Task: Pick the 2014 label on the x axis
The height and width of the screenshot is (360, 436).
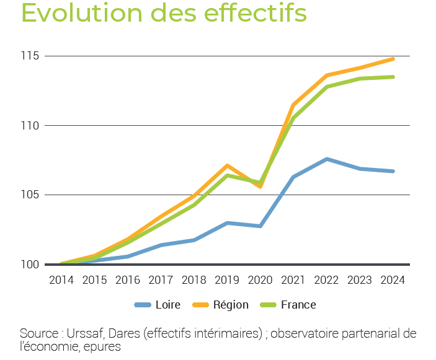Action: coord(61,280)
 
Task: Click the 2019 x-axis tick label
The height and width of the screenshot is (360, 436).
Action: coord(228,280)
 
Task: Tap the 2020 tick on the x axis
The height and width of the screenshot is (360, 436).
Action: coord(260,280)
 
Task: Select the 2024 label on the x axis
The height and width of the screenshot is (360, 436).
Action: coord(393,280)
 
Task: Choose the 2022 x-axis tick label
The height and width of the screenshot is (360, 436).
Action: coord(327,280)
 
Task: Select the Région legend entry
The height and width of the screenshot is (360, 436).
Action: coord(221,305)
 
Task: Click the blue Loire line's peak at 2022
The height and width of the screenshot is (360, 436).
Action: coord(327,159)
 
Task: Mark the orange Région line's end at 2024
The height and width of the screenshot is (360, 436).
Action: coord(393,59)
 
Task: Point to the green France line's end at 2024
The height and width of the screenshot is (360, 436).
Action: coord(393,77)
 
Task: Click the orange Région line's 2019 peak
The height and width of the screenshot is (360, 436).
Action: coord(228,165)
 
